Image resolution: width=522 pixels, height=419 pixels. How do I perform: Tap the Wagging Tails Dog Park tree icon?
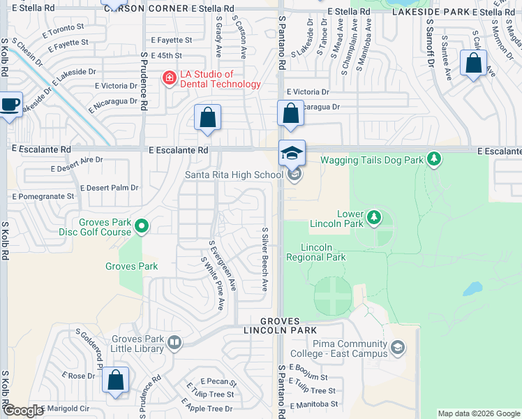click(x=434, y=160)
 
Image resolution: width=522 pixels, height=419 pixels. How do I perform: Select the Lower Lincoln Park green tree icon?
click(x=374, y=217)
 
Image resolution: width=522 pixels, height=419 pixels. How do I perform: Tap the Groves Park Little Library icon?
click(x=174, y=343)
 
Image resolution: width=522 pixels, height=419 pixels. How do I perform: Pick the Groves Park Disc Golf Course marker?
click(x=142, y=226)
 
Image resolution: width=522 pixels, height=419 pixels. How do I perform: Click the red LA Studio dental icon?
click(x=167, y=78)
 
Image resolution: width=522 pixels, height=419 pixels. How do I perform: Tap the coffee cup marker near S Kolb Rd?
click(x=10, y=105)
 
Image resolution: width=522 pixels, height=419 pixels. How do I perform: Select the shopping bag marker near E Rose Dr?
click(x=116, y=381)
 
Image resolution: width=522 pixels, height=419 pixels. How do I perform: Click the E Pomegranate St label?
click(x=43, y=196)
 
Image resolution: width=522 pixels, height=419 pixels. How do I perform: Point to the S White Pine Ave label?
click(x=211, y=283)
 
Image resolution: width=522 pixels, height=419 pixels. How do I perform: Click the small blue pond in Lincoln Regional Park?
click(x=472, y=288)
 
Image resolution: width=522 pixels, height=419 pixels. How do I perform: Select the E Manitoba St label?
click(x=315, y=404)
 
